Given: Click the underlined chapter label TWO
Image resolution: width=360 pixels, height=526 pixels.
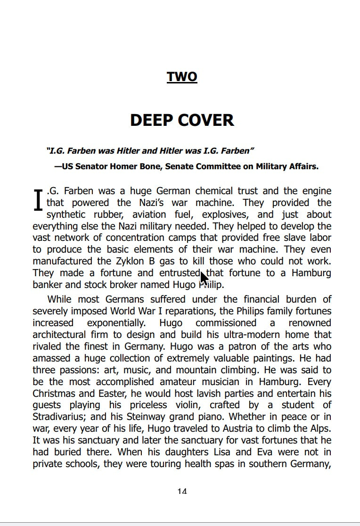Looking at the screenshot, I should pos(182,77).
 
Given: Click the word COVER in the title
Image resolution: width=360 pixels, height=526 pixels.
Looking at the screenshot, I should pos(207,120).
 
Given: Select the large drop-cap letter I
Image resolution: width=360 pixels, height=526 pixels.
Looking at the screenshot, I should pos(39,200).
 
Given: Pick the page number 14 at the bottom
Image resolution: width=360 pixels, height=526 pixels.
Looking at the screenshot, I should pos(182,491).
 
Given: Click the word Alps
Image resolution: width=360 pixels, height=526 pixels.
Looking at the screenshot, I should pos(320,428).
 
